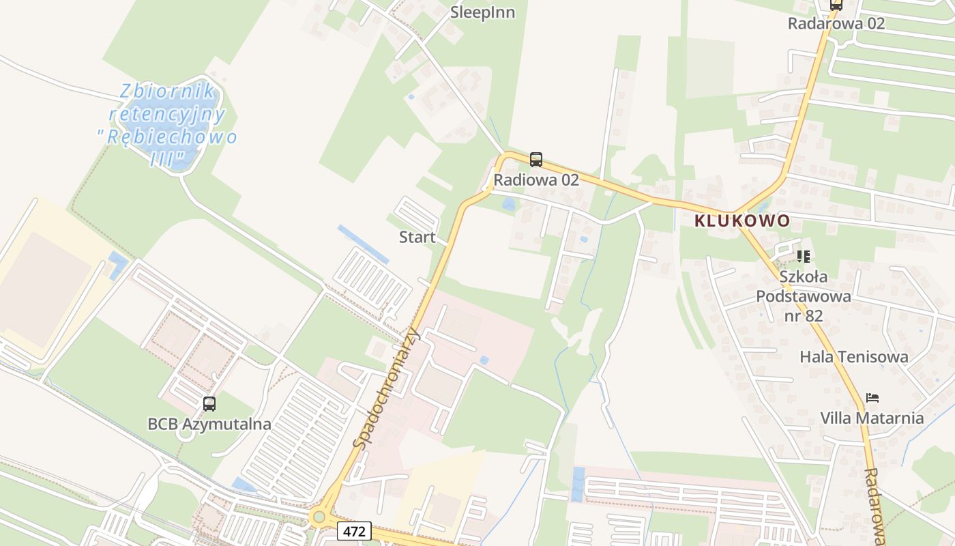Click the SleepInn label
(482, 12)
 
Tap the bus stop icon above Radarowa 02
(836, 4)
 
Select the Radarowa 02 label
(836, 23)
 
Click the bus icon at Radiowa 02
(536, 160)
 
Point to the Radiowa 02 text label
(536, 179)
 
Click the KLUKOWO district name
(742, 220)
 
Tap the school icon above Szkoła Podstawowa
(804, 257)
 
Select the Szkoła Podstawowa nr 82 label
(804, 296)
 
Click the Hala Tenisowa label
(853, 356)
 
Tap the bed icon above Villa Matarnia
(872, 398)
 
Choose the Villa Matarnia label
(872, 418)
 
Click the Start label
(417, 237)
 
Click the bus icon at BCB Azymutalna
(209, 403)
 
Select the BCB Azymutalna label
(209, 424)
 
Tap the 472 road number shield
(354, 530)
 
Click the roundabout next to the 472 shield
(319, 517)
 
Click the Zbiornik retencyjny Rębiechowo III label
(168, 126)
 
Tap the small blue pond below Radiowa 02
(508, 204)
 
